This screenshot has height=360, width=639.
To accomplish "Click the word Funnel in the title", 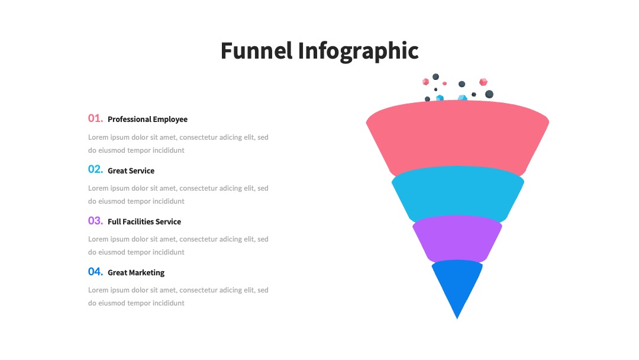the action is pyautogui.click(x=257, y=50).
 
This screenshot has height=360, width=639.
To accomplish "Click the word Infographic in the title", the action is pyautogui.click(x=358, y=52).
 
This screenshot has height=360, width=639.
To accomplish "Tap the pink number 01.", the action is pyautogui.click(x=95, y=118).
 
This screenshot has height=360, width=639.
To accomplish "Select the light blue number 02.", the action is pyautogui.click(x=95, y=169).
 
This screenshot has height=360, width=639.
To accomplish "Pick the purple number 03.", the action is pyautogui.click(x=95, y=221).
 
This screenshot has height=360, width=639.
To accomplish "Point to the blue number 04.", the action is pyautogui.click(x=95, y=272).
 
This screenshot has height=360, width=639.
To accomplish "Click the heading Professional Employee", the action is pyautogui.click(x=147, y=120).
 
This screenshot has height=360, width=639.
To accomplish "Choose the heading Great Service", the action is pyautogui.click(x=131, y=171).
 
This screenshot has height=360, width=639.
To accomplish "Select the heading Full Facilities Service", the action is pyautogui.click(x=144, y=222).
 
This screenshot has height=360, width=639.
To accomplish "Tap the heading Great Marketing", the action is pyautogui.click(x=136, y=273).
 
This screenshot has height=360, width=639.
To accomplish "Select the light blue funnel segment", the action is pyautogui.click(x=457, y=194).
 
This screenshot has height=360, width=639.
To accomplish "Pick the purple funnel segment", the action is pyautogui.click(x=457, y=239).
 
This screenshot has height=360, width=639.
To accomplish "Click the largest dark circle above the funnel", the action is pyautogui.click(x=489, y=94).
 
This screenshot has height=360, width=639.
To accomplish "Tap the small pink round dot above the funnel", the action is pyautogui.click(x=444, y=83).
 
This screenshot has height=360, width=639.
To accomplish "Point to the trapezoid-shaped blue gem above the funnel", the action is pyautogui.click(x=462, y=98).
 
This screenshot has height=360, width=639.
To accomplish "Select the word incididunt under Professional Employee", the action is pyautogui.click(x=168, y=150).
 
